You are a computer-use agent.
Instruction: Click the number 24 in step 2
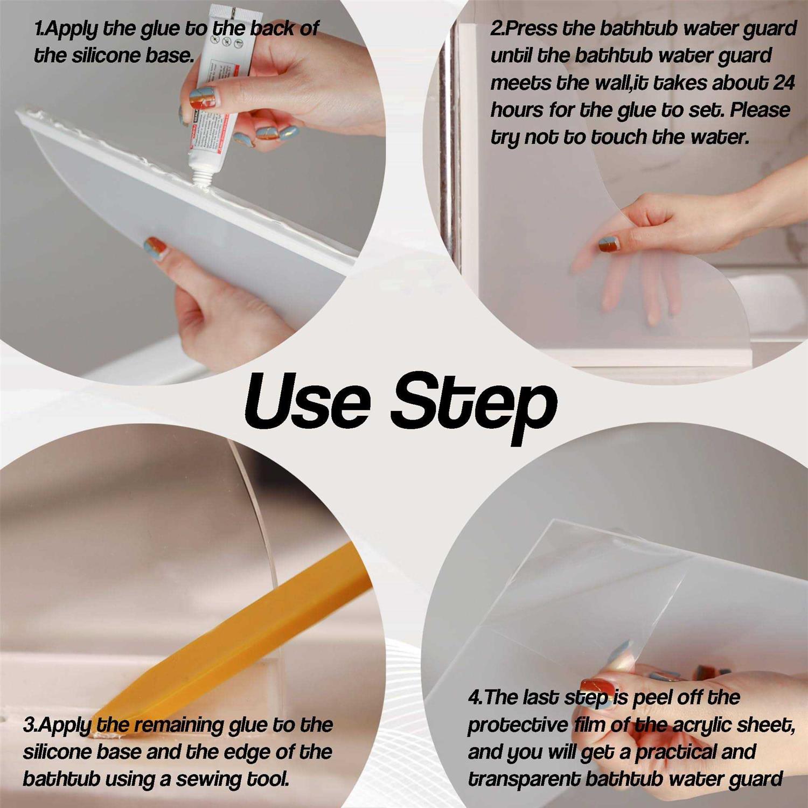pos(784,82)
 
